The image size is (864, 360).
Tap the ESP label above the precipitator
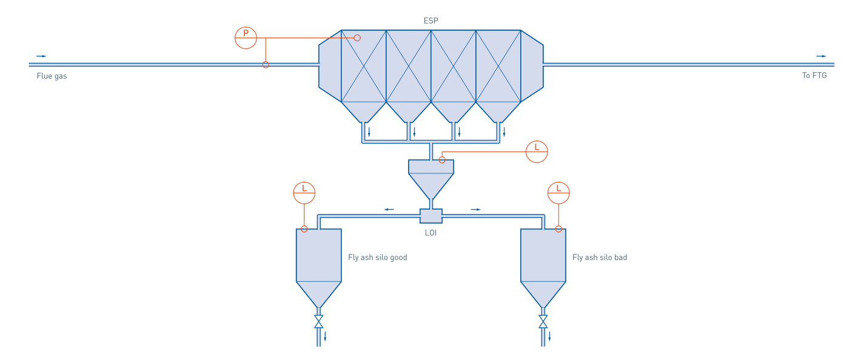tap(430, 21)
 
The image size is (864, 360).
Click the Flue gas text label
tap(52, 76)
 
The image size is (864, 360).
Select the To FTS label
tap(814, 76)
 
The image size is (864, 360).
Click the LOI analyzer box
tap(431, 216)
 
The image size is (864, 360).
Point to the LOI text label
tap(431, 233)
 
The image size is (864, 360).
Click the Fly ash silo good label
tap(377, 258)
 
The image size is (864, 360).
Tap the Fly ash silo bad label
tap(600, 258)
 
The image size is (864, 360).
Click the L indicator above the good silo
tap(304, 193)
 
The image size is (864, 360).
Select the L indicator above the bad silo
tap(558, 193)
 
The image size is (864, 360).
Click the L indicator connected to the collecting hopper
tap(537, 152)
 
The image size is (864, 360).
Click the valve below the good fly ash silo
tap(318, 321)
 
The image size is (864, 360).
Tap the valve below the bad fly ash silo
tap(543, 321)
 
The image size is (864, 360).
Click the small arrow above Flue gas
tap(42, 56)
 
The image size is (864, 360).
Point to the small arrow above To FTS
tap(821, 56)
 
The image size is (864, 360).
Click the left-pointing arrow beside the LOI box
tap(389, 210)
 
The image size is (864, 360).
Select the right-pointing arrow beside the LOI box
tap(476, 210)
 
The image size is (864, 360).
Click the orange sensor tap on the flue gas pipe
tap(266, 65)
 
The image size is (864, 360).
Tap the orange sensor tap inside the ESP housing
tap(357, 38)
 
